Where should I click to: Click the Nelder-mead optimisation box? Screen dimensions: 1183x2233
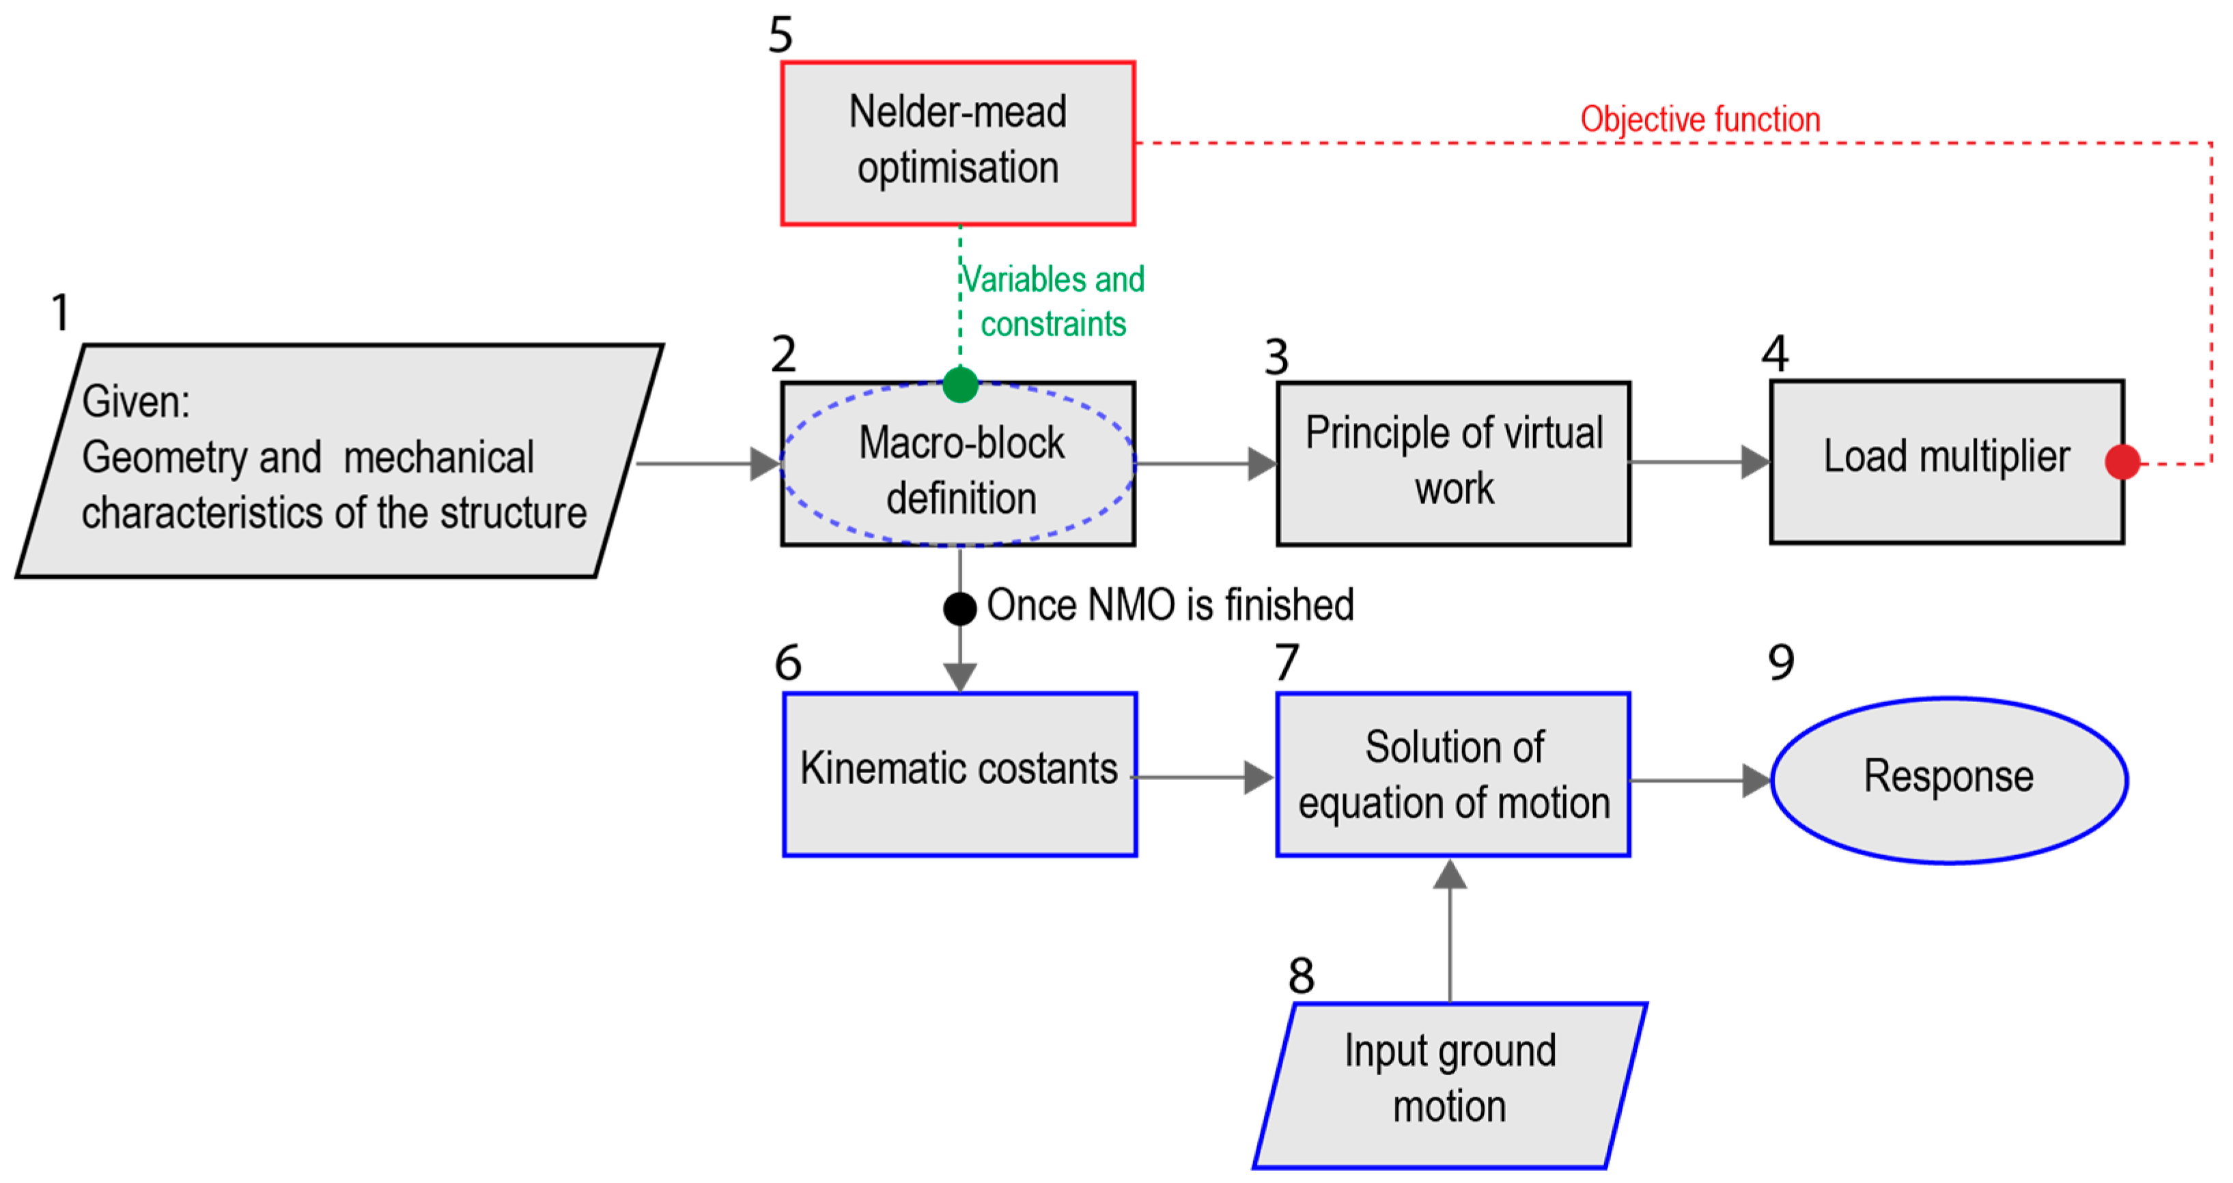click(958, 143)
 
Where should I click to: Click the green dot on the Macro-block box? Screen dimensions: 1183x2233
click(959, 385)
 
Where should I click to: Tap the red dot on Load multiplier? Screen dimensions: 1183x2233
click(2122, 462)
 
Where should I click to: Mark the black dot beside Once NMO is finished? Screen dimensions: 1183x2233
click(959, 608)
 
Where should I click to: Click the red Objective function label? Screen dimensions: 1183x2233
click(1699, 120)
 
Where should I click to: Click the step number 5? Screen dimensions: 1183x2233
click(780, 35)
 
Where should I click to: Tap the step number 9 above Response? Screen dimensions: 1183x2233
click(1780, 663)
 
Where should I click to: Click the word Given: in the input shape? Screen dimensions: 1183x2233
click(136, 402)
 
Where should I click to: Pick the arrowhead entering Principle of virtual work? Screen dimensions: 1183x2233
click(1261, 463)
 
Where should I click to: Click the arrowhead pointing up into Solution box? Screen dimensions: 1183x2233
click(1449, 875)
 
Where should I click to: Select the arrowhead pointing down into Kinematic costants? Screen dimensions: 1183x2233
click(959, 676)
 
